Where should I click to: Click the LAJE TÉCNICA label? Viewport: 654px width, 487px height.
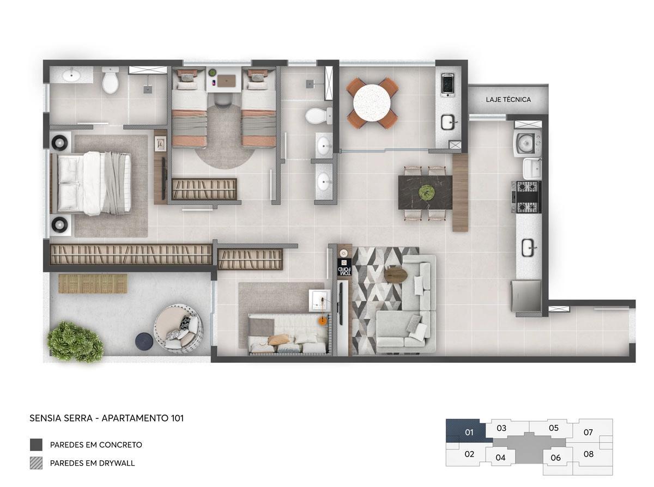coord(508,100)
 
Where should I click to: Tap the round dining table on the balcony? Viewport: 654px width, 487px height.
coord(372,102)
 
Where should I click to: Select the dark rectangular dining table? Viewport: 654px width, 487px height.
coord(425,192)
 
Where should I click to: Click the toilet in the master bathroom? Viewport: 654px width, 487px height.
coord(110,80)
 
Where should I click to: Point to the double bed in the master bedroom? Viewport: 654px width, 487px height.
coord(91,183)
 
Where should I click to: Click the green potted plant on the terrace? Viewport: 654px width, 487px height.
coord(75,342)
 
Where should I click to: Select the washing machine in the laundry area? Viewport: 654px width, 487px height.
coord(528,143)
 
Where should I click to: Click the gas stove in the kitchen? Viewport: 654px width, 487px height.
coord(526,197)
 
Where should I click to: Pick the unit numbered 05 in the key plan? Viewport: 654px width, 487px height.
coord(554,428)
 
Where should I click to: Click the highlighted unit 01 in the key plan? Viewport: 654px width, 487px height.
coord(469,431)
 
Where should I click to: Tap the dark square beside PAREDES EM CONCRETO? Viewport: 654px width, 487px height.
coord(36,445)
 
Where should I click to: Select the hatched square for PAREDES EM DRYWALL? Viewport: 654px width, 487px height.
coord(36,463)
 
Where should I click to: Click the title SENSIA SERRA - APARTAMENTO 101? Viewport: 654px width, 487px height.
coord(106,418)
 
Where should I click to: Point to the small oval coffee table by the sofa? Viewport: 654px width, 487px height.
coord(396,274)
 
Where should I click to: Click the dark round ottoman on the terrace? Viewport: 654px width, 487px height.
coord(144,341)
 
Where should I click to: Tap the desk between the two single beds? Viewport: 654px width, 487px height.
coord(224,80)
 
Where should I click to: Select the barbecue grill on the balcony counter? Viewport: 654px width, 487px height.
coord(447,84)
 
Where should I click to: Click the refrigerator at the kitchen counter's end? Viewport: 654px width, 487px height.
coord(526,296)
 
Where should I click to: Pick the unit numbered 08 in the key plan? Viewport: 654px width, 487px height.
coord(588,454)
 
